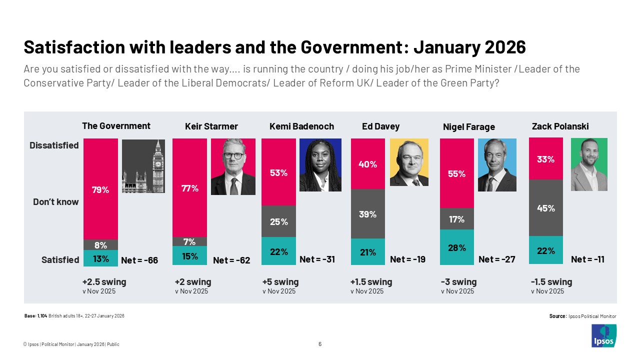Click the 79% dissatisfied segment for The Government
(x=100, y=189)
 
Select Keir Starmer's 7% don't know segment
(x=189, y=241)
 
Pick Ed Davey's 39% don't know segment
(x=368, y=214)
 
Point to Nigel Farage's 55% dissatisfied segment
(x=456, y=173)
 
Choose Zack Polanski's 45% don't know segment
(x=546, y=208)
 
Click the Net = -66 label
(x=139, y=260)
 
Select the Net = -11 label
(x=587, y=259)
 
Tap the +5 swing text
(x=280, y=282)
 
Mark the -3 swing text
(x=458, y=282)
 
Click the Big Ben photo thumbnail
(x=143, y=166)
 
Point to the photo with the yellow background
(x=409, y=162)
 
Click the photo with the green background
(x=589, y=164)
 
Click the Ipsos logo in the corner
(x=604, y=335)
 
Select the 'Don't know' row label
(x=56, y=202)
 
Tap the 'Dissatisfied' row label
(x=54, y=145)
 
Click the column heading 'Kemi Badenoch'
(x=301, y=126)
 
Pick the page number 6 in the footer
(x=320, y=344)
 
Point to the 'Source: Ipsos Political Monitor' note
(x=582, y=316)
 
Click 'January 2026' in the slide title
(x=469, y=47)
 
